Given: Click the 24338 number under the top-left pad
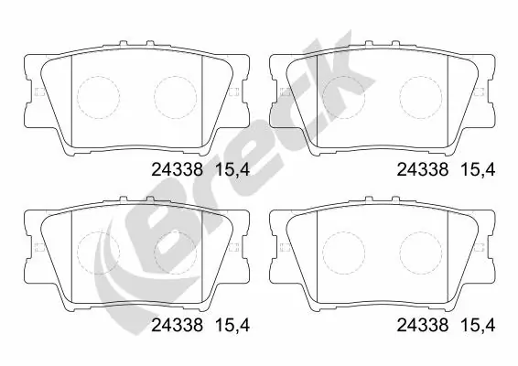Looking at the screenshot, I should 175,168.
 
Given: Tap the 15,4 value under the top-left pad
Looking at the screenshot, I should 231,168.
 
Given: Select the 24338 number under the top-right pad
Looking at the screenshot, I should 423,168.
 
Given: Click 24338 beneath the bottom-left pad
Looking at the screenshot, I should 175,323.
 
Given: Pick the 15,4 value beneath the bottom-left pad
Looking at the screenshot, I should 231,323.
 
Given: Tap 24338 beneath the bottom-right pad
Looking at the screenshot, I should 423,323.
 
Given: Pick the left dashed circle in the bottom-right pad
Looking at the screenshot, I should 343,249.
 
